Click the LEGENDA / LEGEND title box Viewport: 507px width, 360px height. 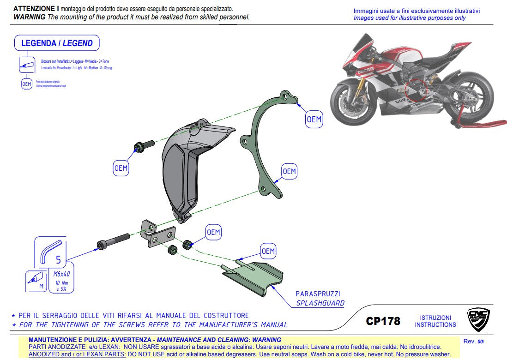tap(57, 43)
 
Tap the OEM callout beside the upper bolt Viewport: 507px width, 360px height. tap(121, 168)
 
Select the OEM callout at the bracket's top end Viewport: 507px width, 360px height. tap(314, 120)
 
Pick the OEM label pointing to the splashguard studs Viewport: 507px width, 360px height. tap(268, 252)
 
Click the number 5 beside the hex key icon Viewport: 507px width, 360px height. tap(58, 260)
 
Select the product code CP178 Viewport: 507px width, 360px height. tap(383, 321)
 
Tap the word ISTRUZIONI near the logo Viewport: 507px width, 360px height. tap(435, 318)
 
